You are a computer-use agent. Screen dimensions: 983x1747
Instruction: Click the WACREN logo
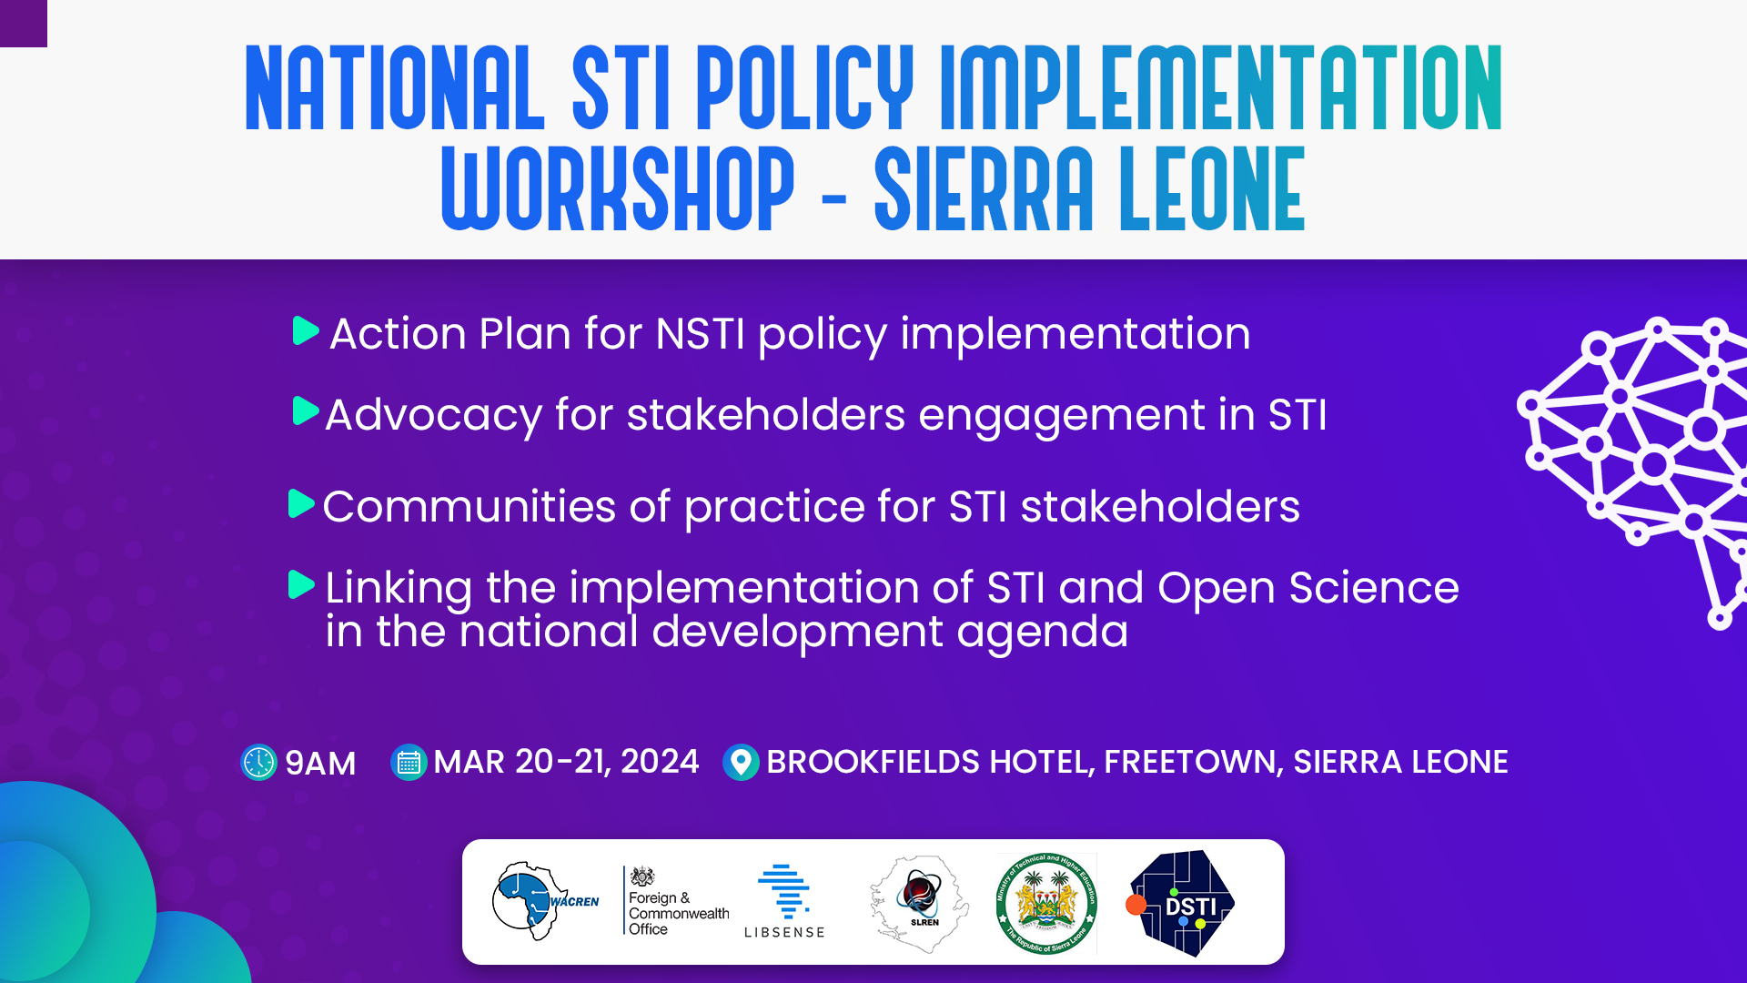[544, 901]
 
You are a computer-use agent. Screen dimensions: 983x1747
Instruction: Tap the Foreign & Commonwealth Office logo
[676, 902]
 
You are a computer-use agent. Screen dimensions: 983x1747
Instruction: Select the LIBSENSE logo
[784, 901]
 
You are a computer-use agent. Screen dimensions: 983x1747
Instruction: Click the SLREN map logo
[919, 902]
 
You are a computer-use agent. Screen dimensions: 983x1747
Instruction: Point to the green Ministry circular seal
[1046, 903]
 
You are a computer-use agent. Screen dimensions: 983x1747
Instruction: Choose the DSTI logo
[1181, 903]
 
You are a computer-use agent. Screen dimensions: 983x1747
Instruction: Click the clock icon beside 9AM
[258, 763]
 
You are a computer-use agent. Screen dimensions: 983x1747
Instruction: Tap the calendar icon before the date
[409, 763]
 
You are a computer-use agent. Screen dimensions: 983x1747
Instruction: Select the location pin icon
[741, 763]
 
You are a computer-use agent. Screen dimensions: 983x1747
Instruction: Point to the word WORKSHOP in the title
[618, 188]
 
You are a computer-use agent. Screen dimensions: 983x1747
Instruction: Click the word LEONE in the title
[1212, 188]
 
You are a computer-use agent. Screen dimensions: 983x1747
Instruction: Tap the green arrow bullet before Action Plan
[306, 331]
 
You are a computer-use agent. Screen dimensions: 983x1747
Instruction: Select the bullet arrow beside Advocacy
[306, 411]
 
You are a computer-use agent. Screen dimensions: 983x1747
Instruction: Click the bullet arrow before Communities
[301, 503]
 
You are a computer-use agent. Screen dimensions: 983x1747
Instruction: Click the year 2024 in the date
[660, 762]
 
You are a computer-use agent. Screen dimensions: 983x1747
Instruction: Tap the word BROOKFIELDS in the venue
[928, 762]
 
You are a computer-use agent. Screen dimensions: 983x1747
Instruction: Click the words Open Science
[1308, 588]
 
